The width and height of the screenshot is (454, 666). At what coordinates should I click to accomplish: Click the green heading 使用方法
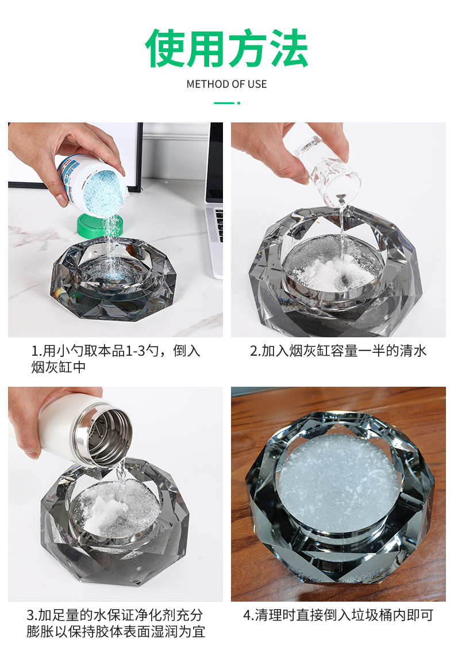(226, 49)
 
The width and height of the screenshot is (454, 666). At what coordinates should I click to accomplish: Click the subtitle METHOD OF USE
(226, 84)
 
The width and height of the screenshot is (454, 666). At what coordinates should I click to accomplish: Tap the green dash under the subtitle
(224, 103)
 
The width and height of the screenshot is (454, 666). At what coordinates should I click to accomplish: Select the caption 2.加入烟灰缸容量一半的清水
(338, 351)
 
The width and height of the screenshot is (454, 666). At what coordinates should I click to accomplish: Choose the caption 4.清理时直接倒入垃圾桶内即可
(338, 615)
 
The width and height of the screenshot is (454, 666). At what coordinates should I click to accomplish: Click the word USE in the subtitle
(257, 84)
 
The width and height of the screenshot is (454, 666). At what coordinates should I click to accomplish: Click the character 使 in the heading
(165, 49)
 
